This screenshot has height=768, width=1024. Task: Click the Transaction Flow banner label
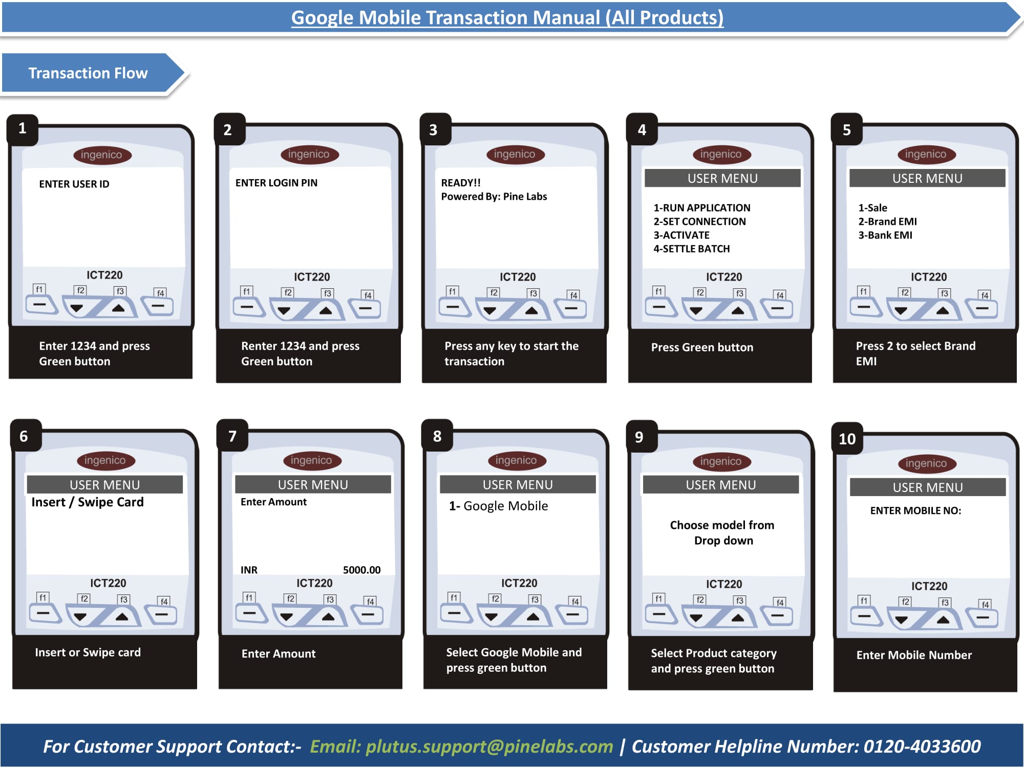point(88,73)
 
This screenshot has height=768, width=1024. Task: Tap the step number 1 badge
point(23,129)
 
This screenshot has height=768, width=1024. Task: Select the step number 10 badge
point(847,439)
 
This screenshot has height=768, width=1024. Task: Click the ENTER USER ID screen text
point(74,184)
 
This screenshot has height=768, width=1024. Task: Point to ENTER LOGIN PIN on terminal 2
point(276,183)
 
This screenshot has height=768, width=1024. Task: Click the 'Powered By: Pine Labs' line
point(494,197)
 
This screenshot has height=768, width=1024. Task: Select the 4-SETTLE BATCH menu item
point(692,249)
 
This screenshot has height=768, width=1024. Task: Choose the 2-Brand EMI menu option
point(888,222)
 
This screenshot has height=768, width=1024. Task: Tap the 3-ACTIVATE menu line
point(681,235)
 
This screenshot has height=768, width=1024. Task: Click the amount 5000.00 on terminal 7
point(362,570)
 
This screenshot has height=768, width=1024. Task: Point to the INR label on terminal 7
point(249,570)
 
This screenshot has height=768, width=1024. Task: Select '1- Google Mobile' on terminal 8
point(499,506)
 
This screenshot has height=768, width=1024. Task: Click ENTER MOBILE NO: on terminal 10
point(916,510)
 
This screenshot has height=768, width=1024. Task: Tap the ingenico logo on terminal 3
point(515,154)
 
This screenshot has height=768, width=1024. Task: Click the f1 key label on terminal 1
point(39,289)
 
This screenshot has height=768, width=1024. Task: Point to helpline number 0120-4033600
point(922,746)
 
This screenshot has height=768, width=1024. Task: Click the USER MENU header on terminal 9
point(721,485)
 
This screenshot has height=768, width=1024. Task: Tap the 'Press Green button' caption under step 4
point(702,347)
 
